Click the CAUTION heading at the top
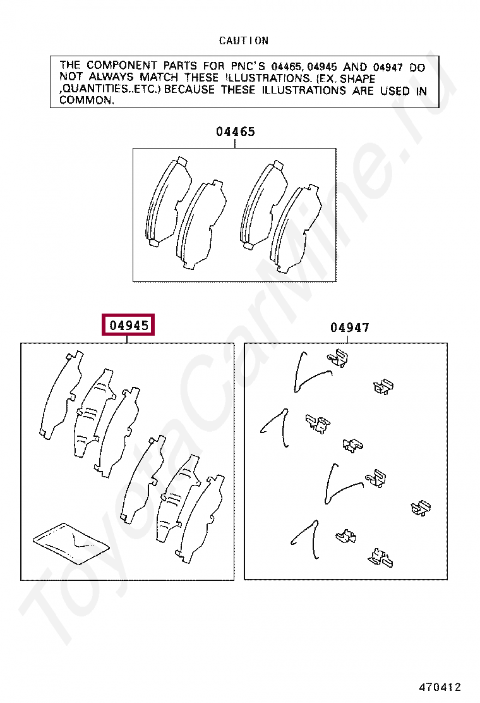[x=244, y=41]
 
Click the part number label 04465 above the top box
[x=236, y=131]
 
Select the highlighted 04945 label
[x=128, y=324]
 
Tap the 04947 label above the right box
[x=350, y=327]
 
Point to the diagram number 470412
[x=440, y=687]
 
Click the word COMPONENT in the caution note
[x=122, y=66]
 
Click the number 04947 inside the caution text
[x=388, y=67]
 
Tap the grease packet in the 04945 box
[x=71, y=544]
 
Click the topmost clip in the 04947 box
[x=338, y=358]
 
